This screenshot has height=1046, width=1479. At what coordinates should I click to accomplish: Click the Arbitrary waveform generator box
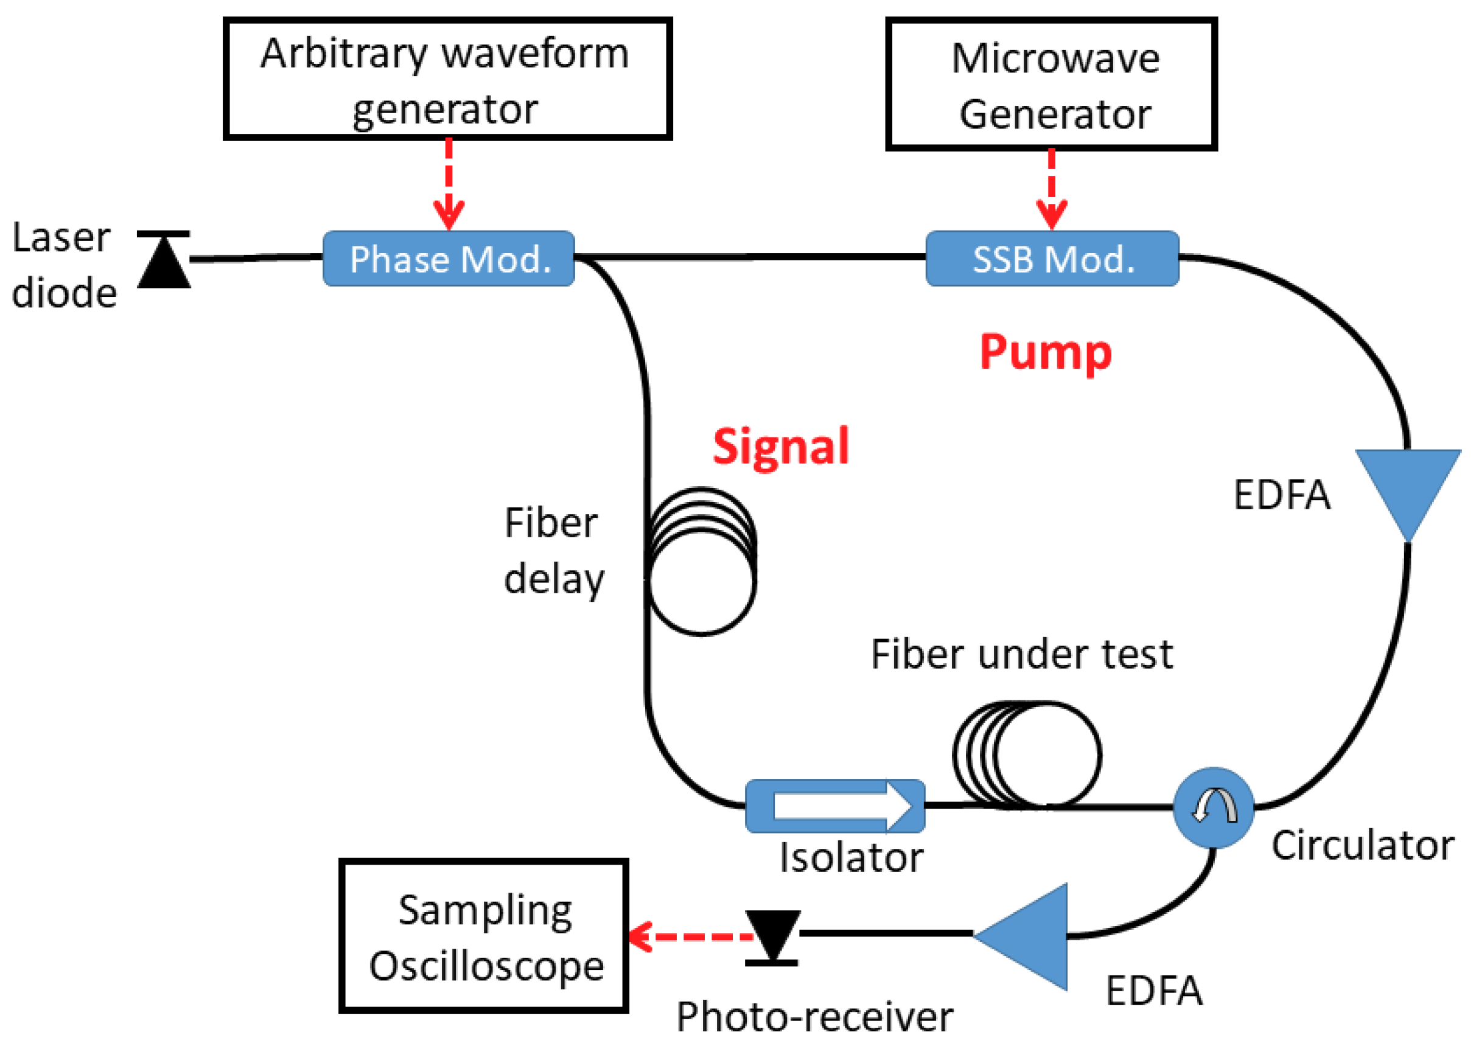[x=447, y=78]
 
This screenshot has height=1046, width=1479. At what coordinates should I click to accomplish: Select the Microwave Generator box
[x=1051, y=84]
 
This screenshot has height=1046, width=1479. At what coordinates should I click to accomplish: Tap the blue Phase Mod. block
[x=449, y=258]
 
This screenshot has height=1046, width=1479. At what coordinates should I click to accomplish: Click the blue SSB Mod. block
[x=1052, y=258]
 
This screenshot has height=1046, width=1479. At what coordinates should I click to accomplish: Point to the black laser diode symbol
[x=164, y=260]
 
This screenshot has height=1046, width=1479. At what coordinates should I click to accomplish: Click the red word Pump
[x=1045, y=352]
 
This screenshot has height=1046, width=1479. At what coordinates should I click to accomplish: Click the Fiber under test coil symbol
[x=1027, y=753]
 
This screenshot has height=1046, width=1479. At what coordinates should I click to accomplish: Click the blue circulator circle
[x=1212, y=807]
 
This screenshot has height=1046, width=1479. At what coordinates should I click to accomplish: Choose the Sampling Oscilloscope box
[x=484, y=936]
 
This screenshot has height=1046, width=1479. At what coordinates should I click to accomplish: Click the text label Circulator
[x=1361, y=845]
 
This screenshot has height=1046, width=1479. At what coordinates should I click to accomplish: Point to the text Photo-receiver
[x=814, y=1017]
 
